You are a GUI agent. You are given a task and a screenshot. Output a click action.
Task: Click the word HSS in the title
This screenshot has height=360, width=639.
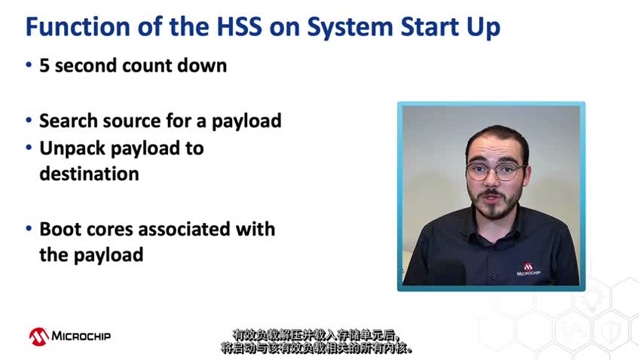click(239, 26)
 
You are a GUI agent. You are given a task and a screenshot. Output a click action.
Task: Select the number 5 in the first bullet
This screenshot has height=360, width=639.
click(44, 66)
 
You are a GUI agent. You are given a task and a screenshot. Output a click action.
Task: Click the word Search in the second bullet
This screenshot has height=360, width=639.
click(69, 121)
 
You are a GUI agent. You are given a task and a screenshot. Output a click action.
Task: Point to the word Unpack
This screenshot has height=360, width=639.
click(72, 149)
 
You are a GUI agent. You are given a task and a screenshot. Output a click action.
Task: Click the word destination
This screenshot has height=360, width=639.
click(89, 174)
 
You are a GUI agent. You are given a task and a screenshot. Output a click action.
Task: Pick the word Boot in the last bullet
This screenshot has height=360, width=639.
click(60, 229)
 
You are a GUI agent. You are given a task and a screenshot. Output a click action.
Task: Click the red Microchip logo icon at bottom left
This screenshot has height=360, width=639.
click(38, 337)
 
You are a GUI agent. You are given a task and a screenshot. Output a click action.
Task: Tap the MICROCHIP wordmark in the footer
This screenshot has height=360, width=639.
click(81, 336)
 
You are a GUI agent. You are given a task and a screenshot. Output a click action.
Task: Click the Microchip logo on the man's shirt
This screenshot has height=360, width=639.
click(528, 270)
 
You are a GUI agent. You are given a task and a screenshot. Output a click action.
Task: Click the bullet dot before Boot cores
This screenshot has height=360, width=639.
click(29, 228)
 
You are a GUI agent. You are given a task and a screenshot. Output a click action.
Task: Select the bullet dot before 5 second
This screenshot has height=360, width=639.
click(29, 65)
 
